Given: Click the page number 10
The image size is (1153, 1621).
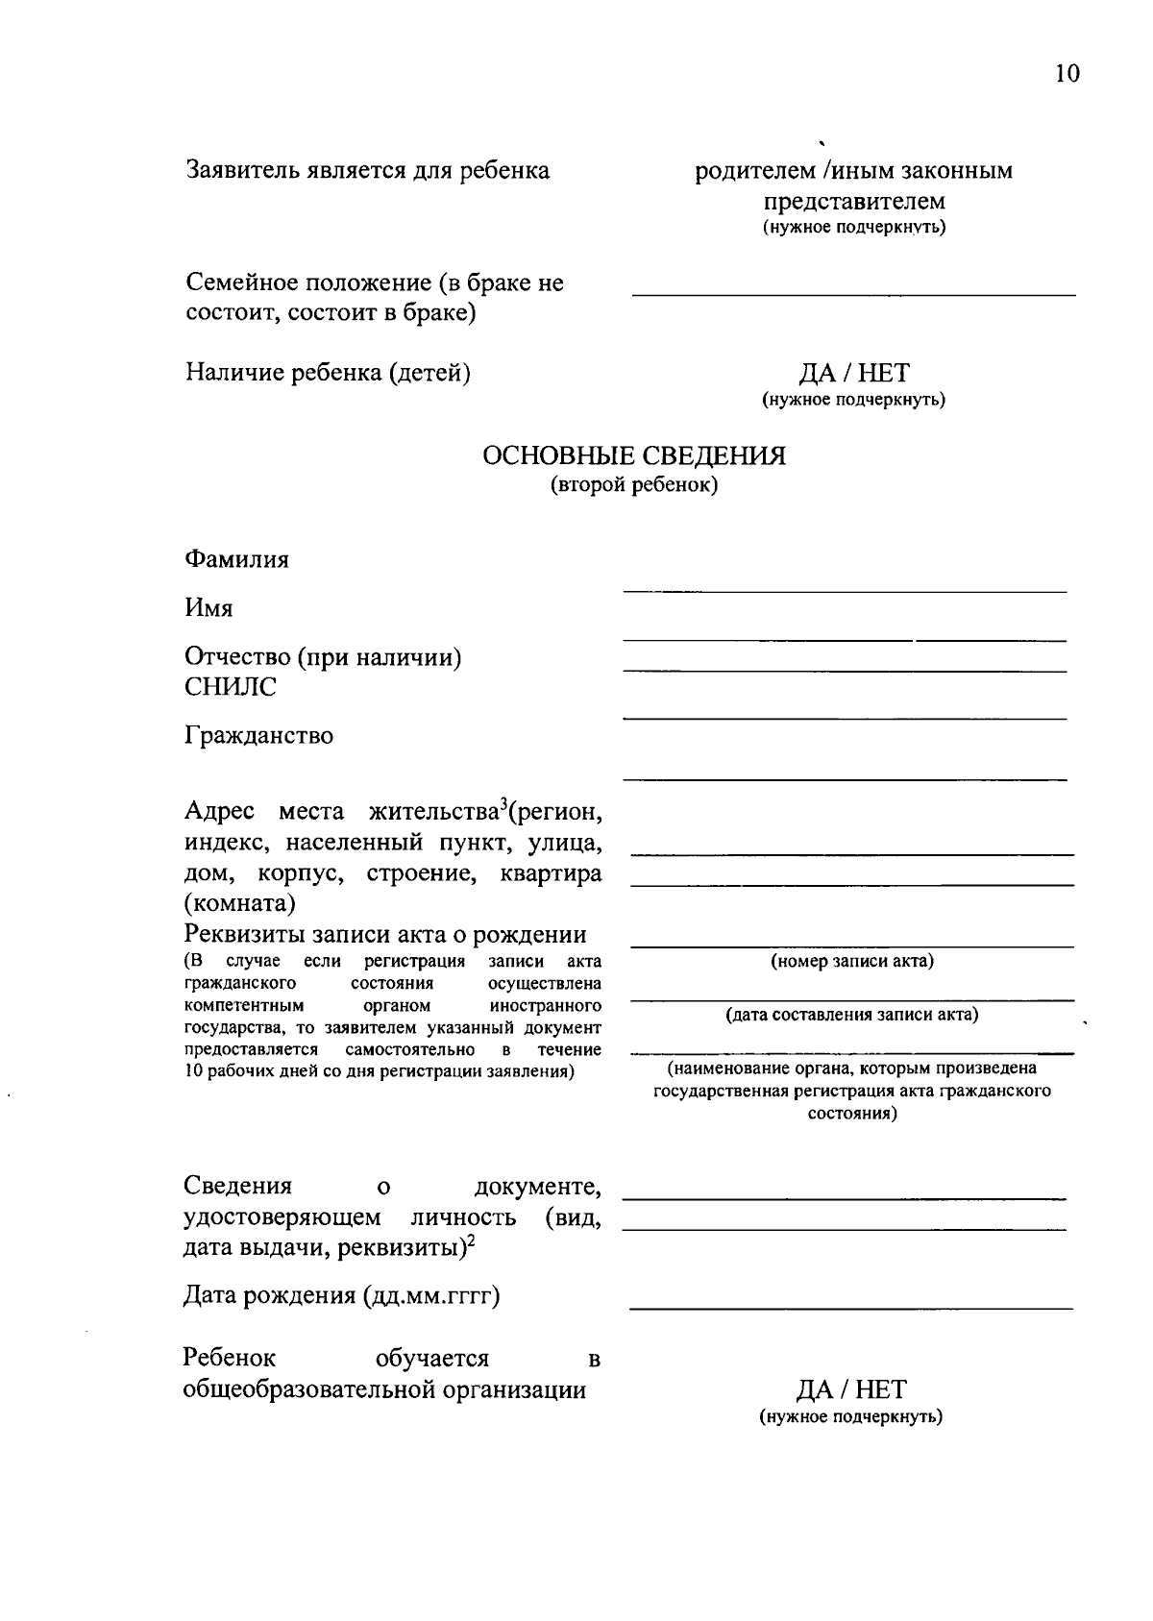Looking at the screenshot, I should tap(1067, 74).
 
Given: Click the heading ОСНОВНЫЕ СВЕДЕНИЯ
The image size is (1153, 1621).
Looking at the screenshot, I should tap(633, 455).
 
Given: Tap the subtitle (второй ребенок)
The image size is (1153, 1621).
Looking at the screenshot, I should tap(633, 485).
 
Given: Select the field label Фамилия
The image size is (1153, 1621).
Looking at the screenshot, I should tap(236, 559).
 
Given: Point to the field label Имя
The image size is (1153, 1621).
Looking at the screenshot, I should tap(209, 608).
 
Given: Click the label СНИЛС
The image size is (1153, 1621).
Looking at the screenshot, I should tap(230, 687).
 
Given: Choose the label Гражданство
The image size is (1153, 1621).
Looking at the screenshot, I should tap(258, 736).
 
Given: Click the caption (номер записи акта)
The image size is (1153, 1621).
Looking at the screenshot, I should tap(852, 961).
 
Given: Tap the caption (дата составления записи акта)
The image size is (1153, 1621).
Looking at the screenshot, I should tap(852, 1015).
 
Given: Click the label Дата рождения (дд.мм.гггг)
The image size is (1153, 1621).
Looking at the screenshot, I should tap(341, 1296).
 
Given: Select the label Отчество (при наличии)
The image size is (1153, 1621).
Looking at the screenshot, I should tap(323, 657).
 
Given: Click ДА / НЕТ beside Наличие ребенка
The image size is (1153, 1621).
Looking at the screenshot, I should tap(853, 373).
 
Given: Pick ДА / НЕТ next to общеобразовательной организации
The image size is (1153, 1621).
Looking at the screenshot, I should tap(850, 1389).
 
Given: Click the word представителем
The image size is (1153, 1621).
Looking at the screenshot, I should tap(853, 202).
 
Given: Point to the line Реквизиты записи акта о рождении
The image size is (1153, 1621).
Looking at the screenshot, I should tap(384, 935).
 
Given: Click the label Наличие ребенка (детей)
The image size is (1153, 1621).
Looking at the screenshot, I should tap(328, 373).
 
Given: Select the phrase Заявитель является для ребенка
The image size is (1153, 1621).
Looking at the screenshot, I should tap(367, 171).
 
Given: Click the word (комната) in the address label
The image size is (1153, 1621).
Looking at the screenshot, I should tap(239, 904).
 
